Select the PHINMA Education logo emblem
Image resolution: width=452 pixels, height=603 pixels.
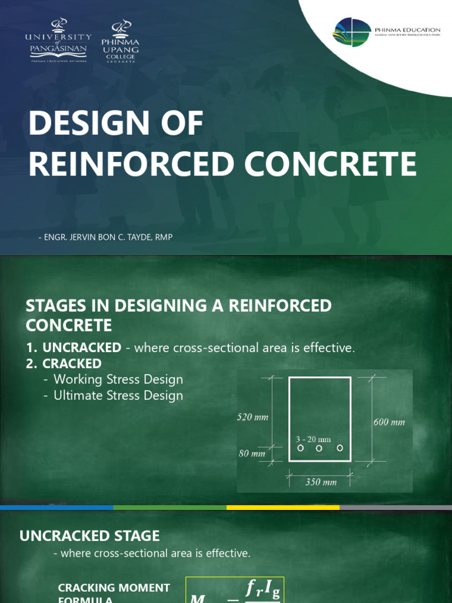point(352,32)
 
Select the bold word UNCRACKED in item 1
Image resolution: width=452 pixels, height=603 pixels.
point(82,347)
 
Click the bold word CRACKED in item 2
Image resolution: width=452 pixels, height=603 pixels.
point(72,363)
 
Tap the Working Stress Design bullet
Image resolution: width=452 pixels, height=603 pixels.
point(118,379)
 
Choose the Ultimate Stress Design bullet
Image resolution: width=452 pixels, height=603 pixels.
point(118,395)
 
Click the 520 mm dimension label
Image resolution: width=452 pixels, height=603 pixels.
point(252,417)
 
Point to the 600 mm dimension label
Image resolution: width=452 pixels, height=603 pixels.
point(389,422)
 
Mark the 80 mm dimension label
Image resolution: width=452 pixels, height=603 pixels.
point(251,453)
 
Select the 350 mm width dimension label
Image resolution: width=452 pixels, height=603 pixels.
point(321,482)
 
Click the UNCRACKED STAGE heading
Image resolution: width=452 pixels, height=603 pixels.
point(89,535)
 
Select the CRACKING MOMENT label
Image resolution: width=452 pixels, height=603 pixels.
point(114,587)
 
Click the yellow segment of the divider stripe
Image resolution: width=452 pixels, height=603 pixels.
point(282,507)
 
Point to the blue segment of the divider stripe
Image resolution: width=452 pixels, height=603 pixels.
point(56,507)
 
